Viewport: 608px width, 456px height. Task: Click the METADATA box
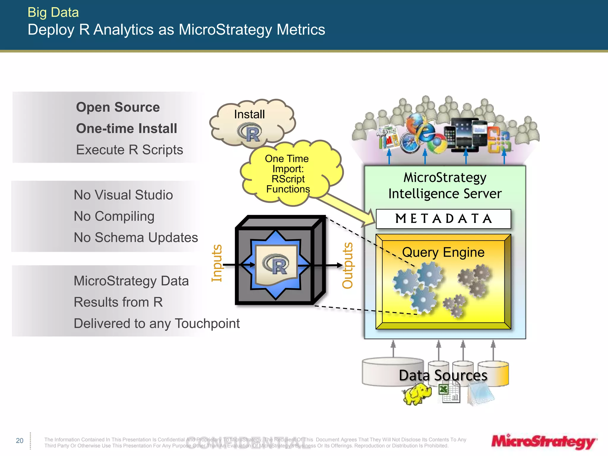(x=443, y=219)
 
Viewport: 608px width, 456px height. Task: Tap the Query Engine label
(x=443, y=252)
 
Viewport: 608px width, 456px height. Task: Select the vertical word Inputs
(x=217, y=263)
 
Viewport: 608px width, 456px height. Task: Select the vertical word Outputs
(x=347, y=265)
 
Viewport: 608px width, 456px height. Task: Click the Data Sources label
(x=443, y=375)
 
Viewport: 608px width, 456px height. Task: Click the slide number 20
(x=20, y=441)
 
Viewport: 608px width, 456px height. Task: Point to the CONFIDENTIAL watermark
(x=248, y=443)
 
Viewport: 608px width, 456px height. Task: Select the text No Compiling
(x=114, y=216)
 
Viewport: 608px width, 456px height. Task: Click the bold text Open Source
(x=118, y=107)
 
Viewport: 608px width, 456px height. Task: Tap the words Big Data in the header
(x=53, y=12)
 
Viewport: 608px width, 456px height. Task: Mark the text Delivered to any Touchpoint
(x=156, y=323)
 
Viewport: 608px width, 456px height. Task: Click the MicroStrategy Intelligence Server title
(x=445, y=186)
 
